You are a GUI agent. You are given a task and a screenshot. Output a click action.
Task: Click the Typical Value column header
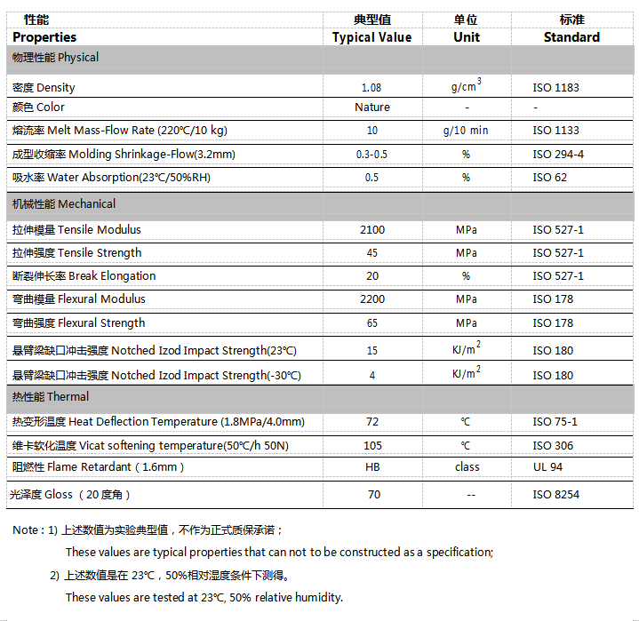tap(371, 37)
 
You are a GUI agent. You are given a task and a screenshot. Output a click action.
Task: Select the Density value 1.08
tap(371, 88)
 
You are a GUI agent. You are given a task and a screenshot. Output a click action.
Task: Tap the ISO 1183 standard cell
tap(555, 88)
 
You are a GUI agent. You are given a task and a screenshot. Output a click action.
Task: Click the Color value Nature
tap(371, 107)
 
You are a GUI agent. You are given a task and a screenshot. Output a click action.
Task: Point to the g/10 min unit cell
tap(466, 131)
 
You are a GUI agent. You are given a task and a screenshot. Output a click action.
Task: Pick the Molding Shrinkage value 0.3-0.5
tap(371, 154)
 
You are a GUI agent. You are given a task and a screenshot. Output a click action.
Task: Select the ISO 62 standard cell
tap(549, 178)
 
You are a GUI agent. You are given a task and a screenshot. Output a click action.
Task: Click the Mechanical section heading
tap(63, 204)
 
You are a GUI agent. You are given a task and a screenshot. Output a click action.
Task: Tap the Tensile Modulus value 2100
tap(371, 230)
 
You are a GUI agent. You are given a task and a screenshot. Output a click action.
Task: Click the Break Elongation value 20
tap(371, 276)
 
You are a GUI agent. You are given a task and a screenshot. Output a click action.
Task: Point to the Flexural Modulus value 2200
tap(371, 299)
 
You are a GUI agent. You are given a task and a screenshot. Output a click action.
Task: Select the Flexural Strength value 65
tap(371, 323)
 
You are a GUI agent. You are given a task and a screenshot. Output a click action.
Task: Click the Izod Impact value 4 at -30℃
tap(371, 375)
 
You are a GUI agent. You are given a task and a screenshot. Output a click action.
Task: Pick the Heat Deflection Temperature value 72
tap(371, 422)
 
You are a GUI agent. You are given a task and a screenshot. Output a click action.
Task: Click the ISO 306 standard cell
tap(553, 446)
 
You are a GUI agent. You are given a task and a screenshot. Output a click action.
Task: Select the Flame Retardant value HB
tap(371, 467)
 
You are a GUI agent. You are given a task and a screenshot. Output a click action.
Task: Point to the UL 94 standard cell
tap(547, 467)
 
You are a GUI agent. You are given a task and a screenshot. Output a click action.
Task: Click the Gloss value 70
tap(371, 495)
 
